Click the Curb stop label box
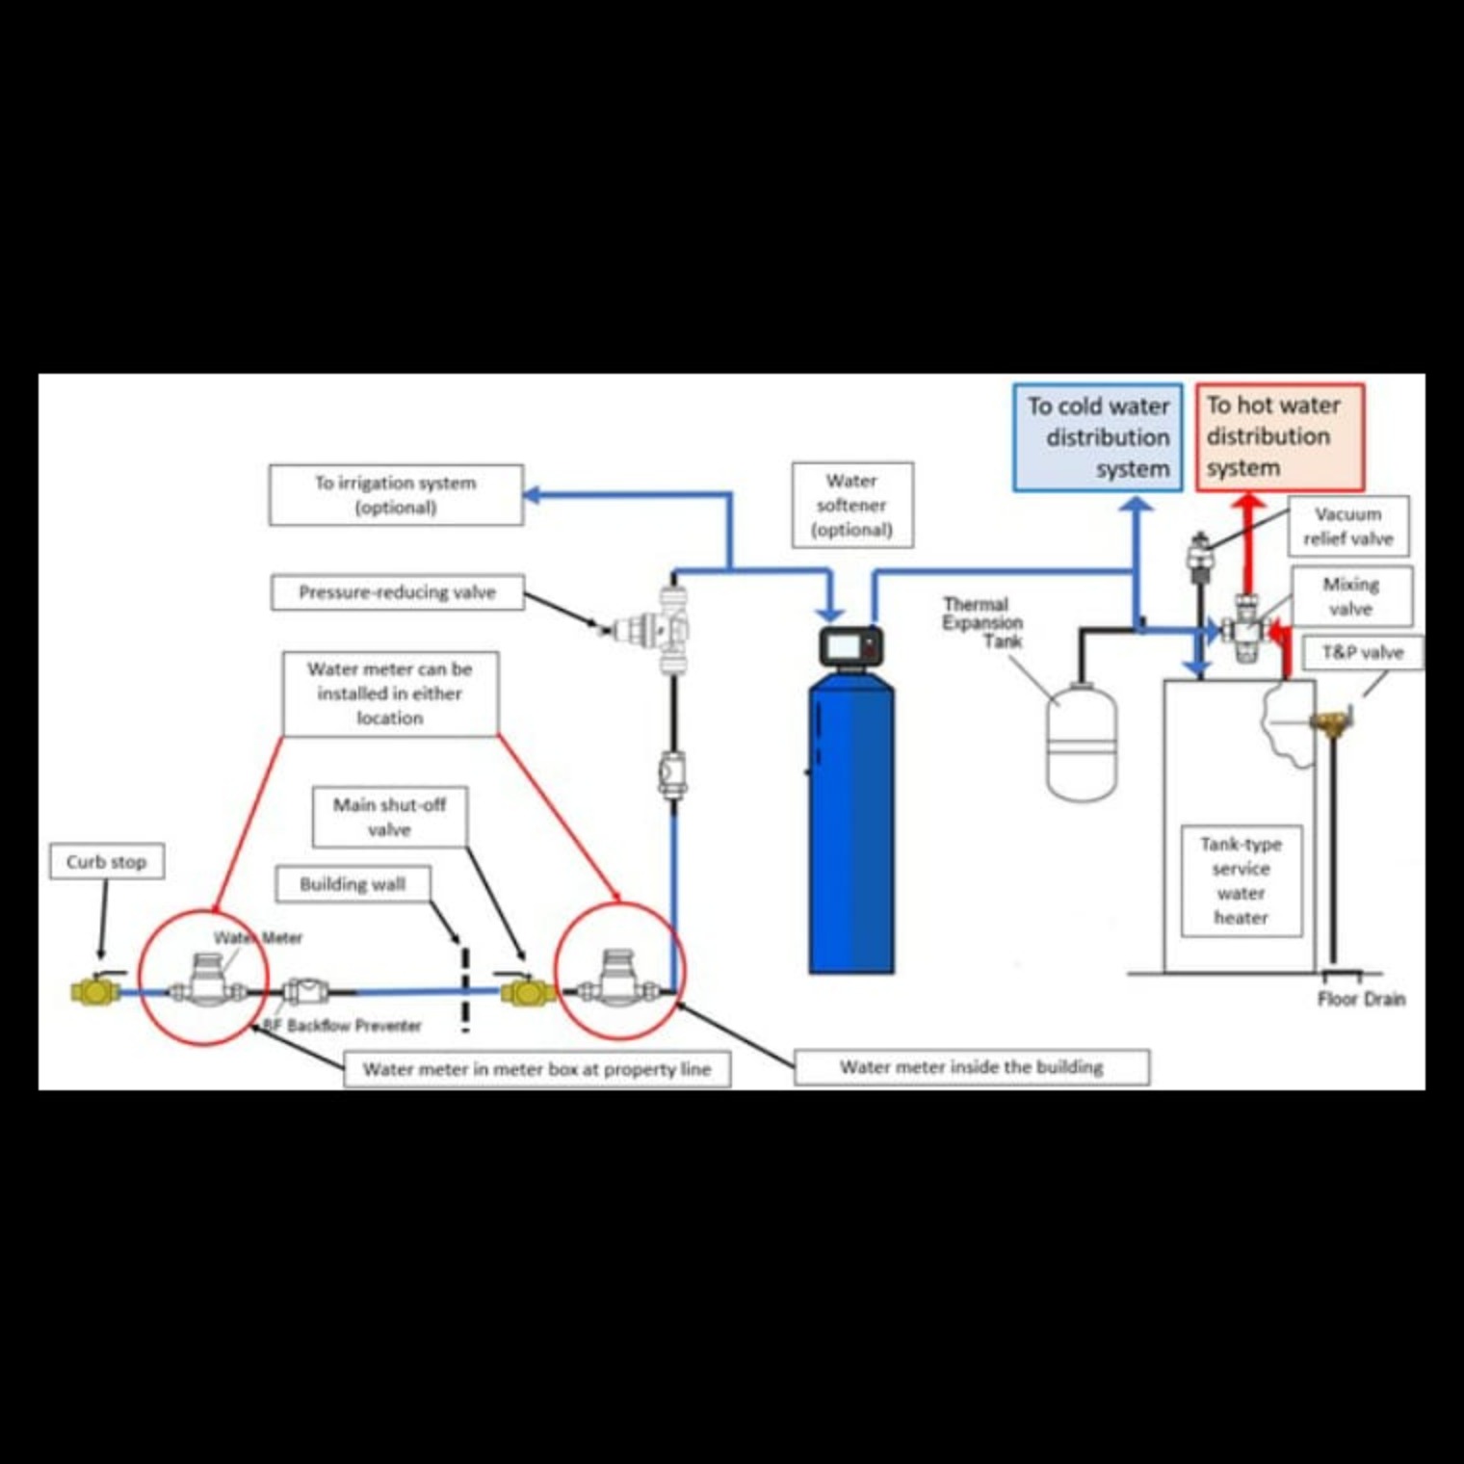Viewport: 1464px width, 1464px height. pos(106,861)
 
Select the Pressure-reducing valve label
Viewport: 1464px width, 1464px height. pos(397,592)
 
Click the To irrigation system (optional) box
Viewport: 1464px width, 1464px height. pos(396,495)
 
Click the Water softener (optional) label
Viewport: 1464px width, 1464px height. pos(852,505)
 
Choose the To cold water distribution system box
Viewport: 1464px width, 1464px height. pos(1098,437)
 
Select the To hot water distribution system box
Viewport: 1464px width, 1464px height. pos(1280,437)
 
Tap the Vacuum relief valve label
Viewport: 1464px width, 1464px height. pos(1348,526)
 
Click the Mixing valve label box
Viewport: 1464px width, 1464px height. pos(1351,596)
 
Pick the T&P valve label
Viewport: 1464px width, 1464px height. pos(1362,652)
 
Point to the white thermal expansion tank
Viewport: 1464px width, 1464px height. pos(1082,742)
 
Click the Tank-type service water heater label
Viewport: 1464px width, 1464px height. pos(1242,880)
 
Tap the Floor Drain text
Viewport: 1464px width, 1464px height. pos(1361,999)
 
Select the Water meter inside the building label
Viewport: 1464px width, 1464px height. pos(971,1067)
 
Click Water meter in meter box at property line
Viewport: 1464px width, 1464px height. pos(536,1069)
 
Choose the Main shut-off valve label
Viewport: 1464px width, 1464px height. pos(390,817)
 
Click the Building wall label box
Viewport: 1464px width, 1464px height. pos(353,884)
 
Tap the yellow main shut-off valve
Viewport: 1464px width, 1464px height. pos(526,991)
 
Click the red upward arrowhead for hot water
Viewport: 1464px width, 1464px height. pos(1249,504)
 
